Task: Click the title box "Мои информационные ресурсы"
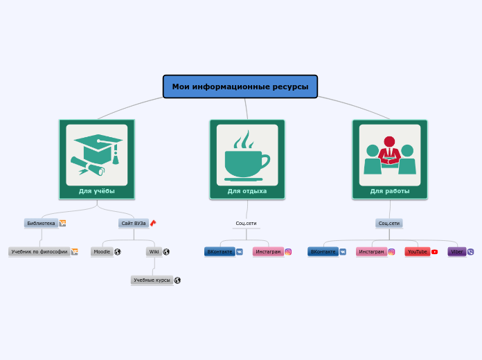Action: point(240,87)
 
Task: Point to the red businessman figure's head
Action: point(389,141)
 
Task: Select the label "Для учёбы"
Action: point(97,191)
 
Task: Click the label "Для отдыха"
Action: point(247,191)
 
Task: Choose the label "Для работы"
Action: point(390,191)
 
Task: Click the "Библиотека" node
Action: point(41,223)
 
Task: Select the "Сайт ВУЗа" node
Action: point(134,223)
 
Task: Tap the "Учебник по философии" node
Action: point(39,252)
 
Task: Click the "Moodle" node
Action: point(102,252)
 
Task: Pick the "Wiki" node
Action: point(154,252)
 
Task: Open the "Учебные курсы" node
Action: point(152,280)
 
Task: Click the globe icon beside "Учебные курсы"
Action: point(177,280)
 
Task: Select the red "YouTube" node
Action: point(418,252)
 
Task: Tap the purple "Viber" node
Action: point(457,252)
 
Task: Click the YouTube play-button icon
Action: point(435,252)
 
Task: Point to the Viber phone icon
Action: point(471,252)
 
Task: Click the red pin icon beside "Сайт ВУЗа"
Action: point(153,223)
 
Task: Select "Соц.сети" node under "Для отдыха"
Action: point(247,223)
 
